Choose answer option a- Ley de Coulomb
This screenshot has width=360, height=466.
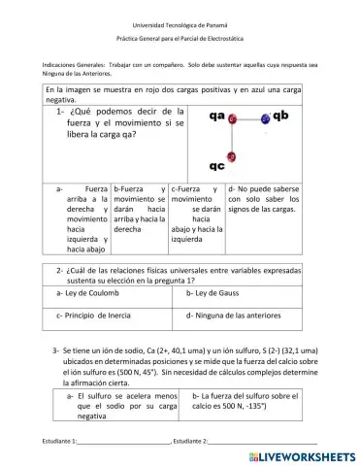click(86, 290)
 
